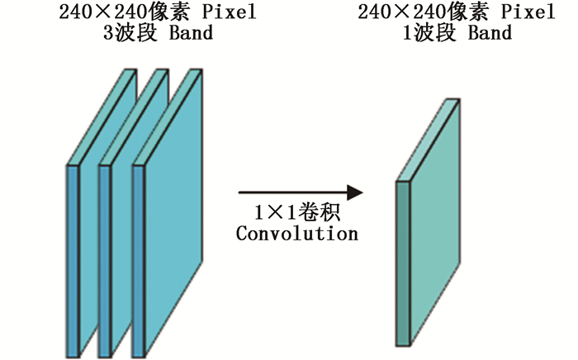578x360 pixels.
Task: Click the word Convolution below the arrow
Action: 296,234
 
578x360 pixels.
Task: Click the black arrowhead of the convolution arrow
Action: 354,192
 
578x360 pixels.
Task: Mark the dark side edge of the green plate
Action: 403,264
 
